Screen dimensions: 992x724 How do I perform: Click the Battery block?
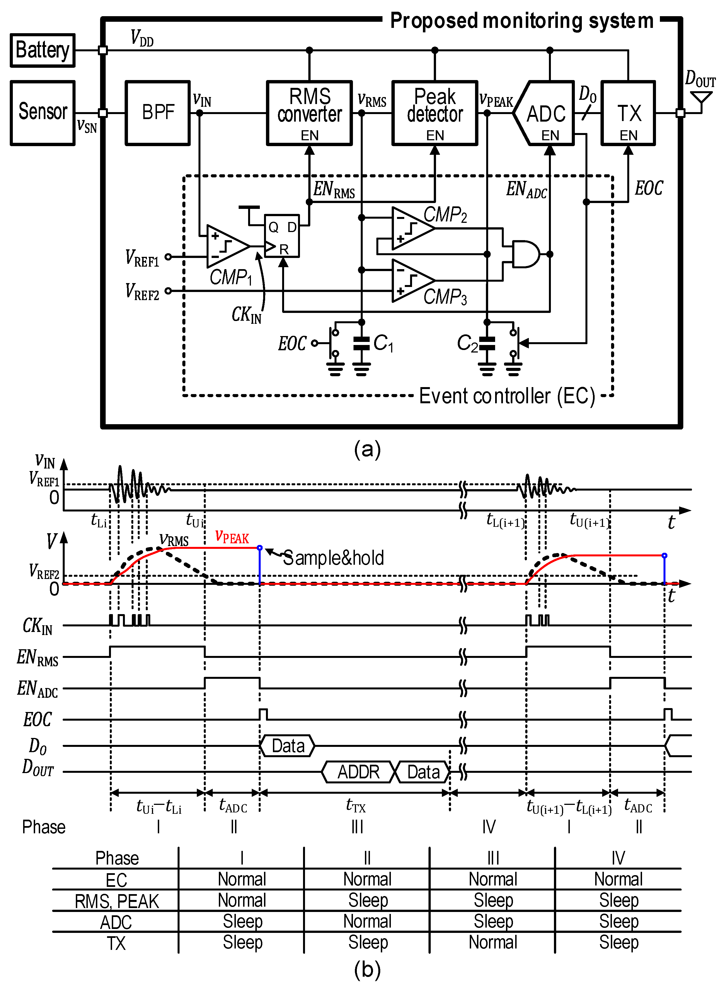pos(42,50)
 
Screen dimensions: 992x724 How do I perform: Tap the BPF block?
pos(158,113)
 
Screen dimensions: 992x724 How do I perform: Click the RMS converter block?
pos(309,113)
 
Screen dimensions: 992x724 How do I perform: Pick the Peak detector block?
pos(434,113)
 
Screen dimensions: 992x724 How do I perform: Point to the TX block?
pos(628,113)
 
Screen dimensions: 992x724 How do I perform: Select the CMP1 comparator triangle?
pos(226,246)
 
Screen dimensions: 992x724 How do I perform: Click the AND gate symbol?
pos(525,254)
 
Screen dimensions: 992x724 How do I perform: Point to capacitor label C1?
pos(384,343)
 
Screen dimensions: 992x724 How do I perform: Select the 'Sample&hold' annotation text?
pos(333,558)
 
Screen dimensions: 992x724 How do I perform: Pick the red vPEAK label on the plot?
pos(232,537)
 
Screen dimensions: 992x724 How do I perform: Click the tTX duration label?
pos(355,805)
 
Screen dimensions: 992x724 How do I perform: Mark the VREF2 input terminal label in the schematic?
pos(142,291)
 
